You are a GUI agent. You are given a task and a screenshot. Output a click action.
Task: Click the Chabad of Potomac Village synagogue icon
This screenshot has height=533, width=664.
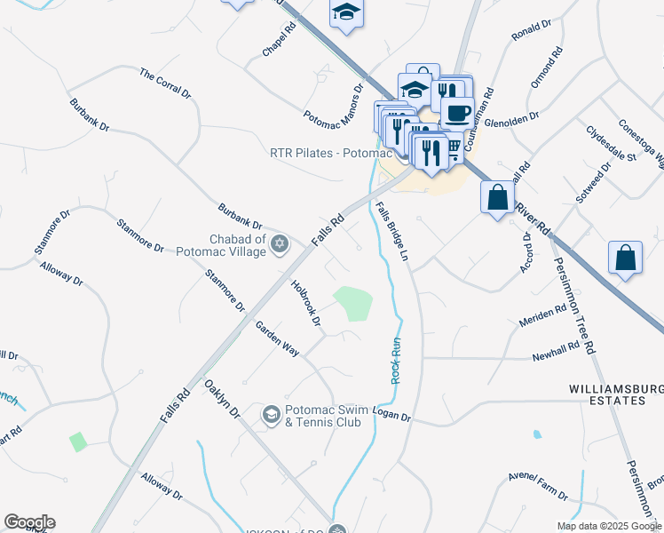point(280,243)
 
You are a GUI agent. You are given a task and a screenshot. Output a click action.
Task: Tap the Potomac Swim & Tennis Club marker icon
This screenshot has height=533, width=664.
point(272,415)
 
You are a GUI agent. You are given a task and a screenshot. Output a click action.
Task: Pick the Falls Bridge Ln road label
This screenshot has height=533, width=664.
point(391,231)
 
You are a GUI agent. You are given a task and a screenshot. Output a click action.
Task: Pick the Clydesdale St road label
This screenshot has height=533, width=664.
point(612,143)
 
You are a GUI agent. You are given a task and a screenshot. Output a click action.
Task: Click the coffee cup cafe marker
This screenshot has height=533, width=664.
point(457,114)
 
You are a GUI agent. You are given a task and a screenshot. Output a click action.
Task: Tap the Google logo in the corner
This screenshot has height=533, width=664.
point(29,522)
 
